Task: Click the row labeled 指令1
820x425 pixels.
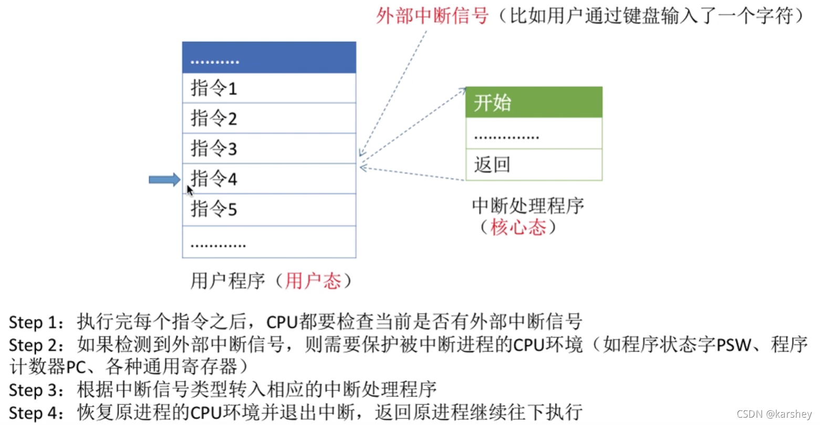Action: [268, 88]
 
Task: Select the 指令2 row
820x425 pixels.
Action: [268, 119]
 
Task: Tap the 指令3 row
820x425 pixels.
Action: [268, 148]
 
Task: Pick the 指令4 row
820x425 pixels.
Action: [268, 179]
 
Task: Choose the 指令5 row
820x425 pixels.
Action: [268, 209]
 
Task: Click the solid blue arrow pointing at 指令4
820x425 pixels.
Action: [164, 180]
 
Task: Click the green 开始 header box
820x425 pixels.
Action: [534, 102]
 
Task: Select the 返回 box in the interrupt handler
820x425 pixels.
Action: [534, 165]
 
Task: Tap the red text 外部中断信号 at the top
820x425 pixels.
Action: [432, 16]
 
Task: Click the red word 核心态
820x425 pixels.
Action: [518, 227]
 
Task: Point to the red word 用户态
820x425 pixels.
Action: [313, 281]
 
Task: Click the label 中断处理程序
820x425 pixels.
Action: [528, 206]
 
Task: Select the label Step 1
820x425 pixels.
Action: [33, 322]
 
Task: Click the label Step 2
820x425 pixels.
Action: [33, 345]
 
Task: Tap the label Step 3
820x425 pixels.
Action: [33, 390]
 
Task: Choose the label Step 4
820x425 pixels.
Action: [33, 412]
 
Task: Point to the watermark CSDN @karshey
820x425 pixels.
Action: [774, 414]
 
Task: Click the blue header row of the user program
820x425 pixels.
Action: [268, 58]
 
